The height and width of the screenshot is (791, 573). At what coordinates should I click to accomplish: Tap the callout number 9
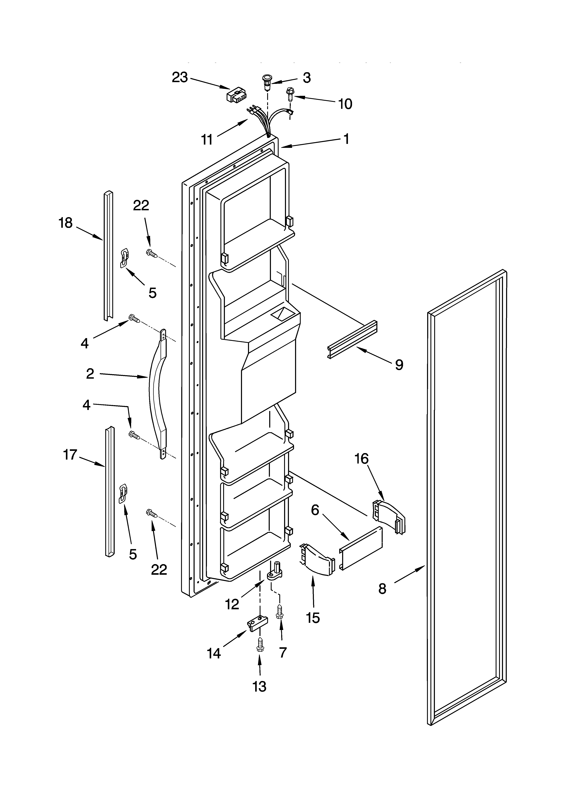(x=399, y=365)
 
